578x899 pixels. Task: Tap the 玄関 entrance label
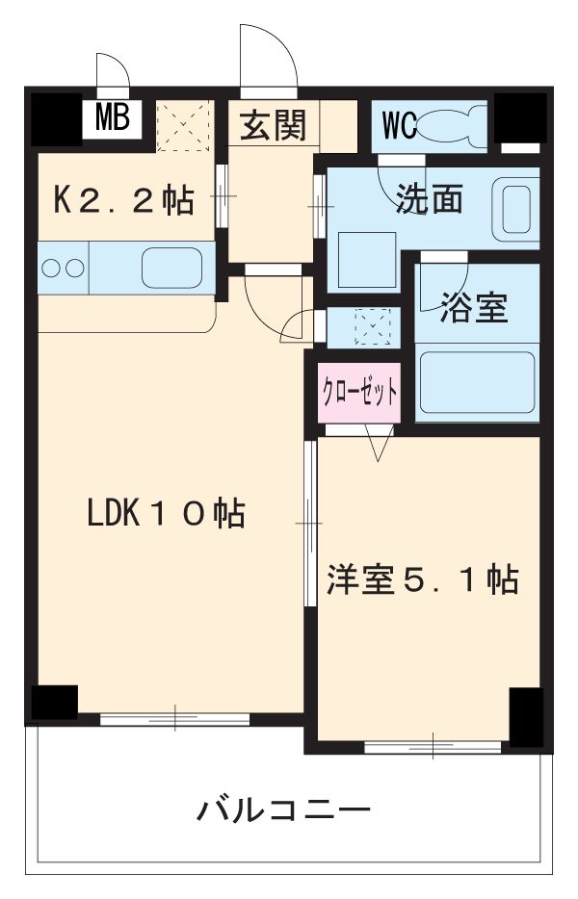coord(273,126)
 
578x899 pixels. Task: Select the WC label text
coord(399,125)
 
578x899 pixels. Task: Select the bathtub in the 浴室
coord(477,382)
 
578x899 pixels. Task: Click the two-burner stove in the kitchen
coord(63,268)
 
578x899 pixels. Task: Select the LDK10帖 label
coord(166,513)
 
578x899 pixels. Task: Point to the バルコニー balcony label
coord(284,809)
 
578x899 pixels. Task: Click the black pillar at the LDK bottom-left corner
coord(53,703)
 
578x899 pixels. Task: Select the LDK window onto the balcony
coord(175,717)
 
